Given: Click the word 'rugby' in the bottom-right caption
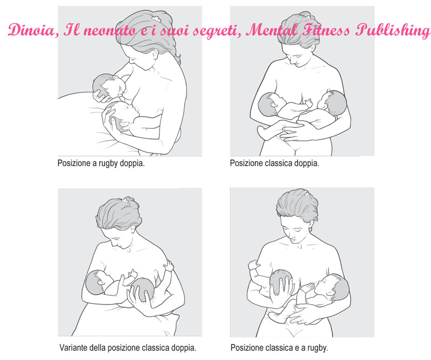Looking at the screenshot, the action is [317, 348].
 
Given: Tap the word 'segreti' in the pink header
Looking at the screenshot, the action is [217, 31].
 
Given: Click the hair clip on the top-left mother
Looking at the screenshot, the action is [156, 19].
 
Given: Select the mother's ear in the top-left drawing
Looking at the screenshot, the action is [155, 54].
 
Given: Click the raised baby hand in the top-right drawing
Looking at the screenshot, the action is [309, 103].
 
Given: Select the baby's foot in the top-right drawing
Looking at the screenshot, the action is [262, 132].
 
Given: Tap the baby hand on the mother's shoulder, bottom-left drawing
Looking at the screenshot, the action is [169, 266].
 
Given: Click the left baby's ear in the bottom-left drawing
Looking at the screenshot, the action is [101, 282].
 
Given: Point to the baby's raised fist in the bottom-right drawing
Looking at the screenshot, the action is [253, 265].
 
